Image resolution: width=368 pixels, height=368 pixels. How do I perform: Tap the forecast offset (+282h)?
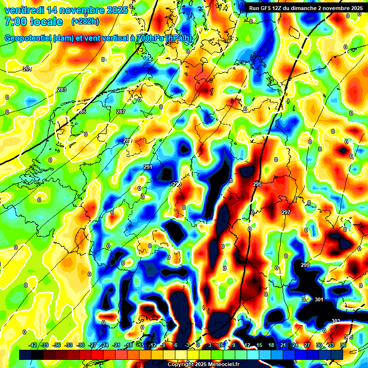tap(85, 22)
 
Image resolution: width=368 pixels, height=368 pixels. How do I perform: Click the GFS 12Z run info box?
tap(306, 8)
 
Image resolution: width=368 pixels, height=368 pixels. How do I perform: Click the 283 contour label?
tap(62, 90)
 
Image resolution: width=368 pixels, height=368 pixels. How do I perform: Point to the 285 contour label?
tap(81, 112)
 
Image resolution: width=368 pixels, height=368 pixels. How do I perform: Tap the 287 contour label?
tap(121, 112)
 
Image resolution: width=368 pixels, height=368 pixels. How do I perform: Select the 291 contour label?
tap(148, 167)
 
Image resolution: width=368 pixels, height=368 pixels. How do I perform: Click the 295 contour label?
tap(257, 184)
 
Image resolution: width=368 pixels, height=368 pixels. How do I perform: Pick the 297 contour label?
tap(286, 212)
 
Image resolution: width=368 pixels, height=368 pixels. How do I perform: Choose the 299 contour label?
tap(305, 265)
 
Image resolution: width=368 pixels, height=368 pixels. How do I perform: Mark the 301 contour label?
tap(319, 299)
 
